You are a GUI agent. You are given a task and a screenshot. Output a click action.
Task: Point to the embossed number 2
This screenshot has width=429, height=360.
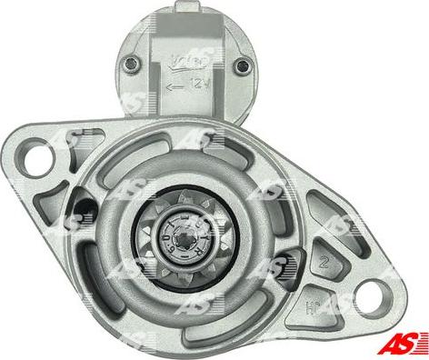(x=324, y=265)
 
